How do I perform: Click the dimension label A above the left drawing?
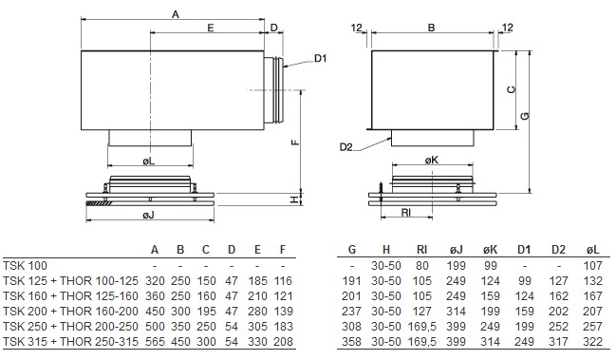tap(176, 14)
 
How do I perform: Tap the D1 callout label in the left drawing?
tap(320, 59)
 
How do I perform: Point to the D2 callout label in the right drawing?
tap(346, 147)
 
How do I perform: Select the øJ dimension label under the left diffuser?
tap(148, 215)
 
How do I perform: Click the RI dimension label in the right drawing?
tap(406, 213)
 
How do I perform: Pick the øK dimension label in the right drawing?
tap(431, 160)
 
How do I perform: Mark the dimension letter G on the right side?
tap(525, 116)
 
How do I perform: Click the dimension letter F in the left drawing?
tap(296, 142)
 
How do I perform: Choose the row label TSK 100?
tap(25, 266)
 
